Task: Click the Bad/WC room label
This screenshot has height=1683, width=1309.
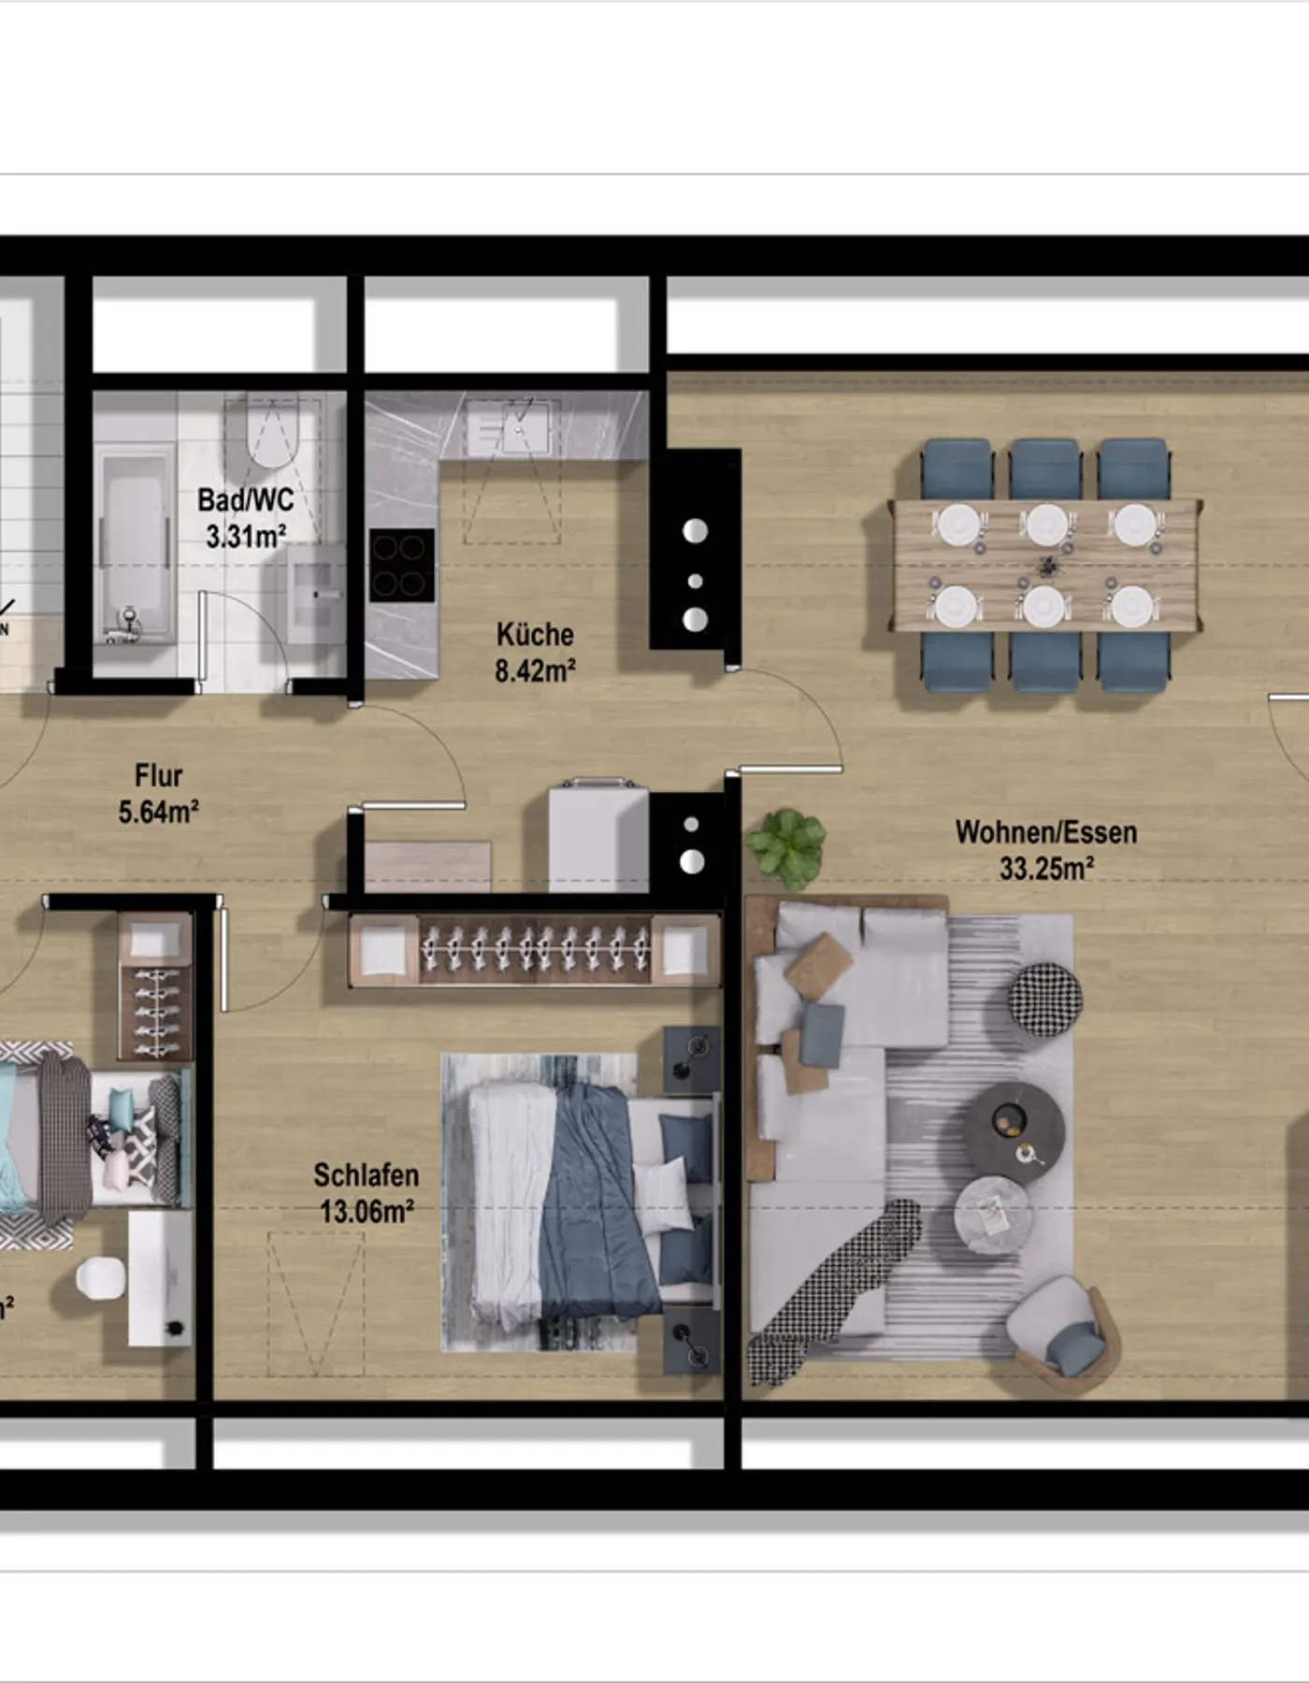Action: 245,500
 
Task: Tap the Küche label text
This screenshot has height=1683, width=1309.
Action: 535,635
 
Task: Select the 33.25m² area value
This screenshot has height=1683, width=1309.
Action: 1046,869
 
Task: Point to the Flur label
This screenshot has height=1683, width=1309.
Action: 158,776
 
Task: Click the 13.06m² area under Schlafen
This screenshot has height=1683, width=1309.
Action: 367,1212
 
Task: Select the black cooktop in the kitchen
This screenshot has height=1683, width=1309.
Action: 402,565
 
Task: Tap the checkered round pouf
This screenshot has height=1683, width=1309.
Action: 1045,999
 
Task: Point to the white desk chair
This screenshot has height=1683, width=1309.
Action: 100,1277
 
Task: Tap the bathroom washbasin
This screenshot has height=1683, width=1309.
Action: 317,593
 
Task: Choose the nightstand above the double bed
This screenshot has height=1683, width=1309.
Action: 692,1059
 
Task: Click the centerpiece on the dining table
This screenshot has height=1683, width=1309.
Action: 1047,566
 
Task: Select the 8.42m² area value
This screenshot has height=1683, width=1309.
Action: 535,671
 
